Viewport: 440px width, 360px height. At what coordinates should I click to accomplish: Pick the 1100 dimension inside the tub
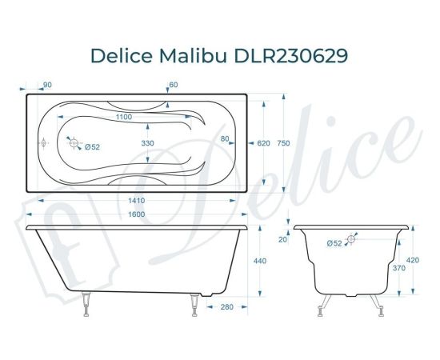123,118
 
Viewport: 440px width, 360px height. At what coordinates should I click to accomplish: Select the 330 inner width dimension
147,142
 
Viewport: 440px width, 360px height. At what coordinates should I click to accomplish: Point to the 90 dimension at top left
47,85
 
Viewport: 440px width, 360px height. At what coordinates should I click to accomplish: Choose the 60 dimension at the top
174,85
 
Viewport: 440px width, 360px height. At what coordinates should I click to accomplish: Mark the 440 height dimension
258,261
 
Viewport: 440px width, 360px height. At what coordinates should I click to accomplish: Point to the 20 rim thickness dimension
282,238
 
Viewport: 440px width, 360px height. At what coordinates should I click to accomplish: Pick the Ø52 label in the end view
334,242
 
